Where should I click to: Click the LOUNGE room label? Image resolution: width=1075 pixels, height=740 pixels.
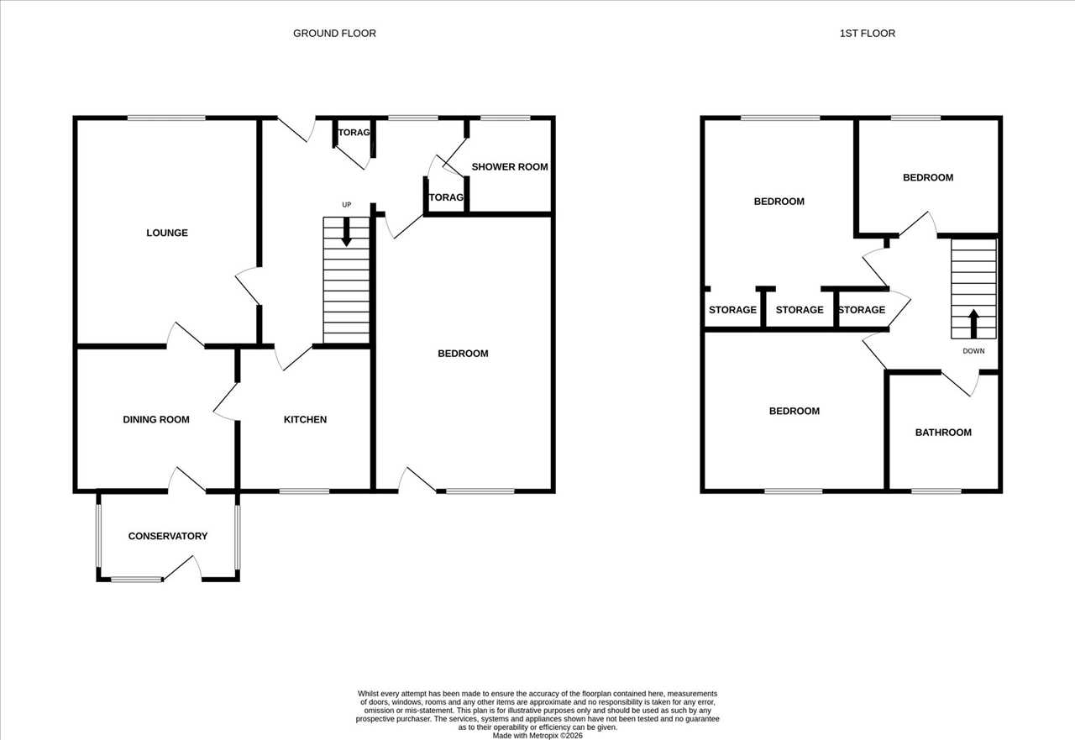[167, 233]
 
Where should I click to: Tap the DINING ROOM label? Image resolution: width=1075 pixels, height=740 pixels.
[156, 419]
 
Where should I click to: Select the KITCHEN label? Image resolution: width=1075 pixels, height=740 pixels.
[305, 419]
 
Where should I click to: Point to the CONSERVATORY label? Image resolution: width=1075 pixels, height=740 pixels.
[167, 536]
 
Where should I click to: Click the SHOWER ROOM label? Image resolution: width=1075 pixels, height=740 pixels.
[510, 166]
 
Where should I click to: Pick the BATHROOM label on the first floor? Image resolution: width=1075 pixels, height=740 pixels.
[943, 433]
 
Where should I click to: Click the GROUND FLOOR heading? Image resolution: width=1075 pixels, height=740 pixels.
[334, 33]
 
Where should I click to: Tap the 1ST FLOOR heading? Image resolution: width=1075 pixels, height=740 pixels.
[868, 33]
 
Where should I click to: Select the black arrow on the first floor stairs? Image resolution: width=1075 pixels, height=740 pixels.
[973, 324]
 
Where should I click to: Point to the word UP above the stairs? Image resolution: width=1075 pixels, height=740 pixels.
[347, 205]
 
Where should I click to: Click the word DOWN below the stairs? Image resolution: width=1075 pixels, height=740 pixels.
[973, 351]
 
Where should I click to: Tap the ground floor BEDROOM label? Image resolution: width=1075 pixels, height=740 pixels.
[463, 354]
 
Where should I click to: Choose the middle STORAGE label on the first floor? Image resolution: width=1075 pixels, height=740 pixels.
[800, 310]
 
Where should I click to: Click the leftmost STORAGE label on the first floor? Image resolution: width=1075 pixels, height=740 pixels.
[732, 310]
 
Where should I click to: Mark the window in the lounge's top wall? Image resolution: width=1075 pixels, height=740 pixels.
[166, 118]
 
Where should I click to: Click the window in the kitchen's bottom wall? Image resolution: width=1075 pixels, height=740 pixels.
[304, 491]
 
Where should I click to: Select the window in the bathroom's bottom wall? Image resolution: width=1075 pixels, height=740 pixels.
[936, 491]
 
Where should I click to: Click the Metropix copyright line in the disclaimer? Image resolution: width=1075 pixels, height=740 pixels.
[537, 736]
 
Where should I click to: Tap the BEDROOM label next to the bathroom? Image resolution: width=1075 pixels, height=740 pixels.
[794, 412]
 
